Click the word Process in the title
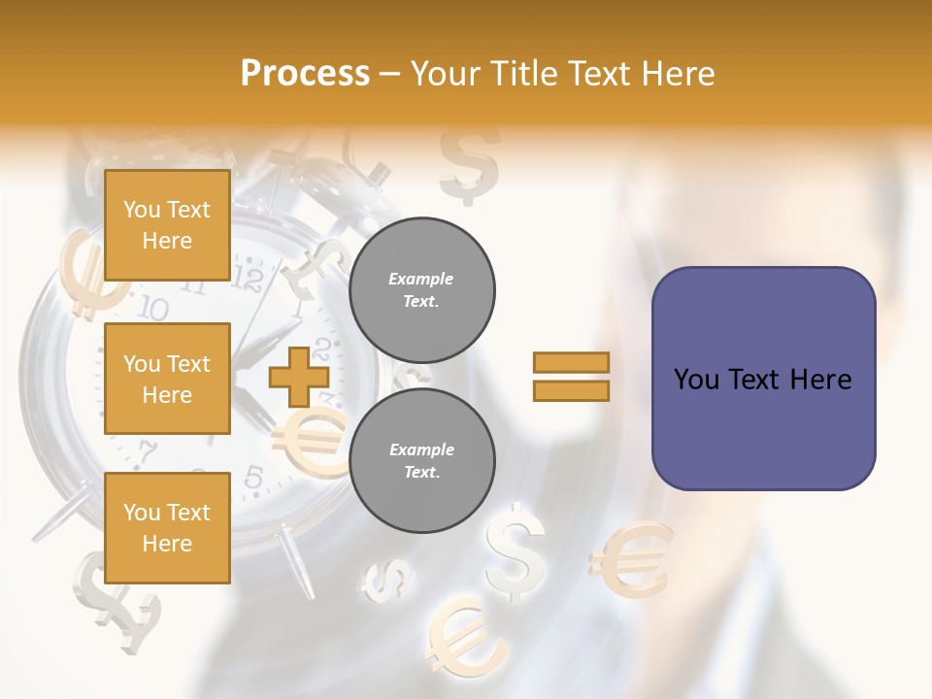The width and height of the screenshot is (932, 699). tap(305, 73)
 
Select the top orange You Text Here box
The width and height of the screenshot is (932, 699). tap(167, 225)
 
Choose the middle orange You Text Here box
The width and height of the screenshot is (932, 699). tap(167, 379)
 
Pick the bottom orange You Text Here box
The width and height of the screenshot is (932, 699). tap(167, 527)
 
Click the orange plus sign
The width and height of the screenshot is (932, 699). tap(298, 376)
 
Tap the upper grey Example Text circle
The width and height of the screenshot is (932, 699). tap(421, 290)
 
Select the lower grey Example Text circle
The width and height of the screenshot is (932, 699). tap(421, 461)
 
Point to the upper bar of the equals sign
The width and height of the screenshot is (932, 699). tap(571, 362)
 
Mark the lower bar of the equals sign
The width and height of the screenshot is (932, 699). tap(571, 390)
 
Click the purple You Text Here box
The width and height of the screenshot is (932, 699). tap(763, 379)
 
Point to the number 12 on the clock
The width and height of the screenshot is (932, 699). tap(250, 281)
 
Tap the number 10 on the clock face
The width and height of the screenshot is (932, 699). tap(152, 309)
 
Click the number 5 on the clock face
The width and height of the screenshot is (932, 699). tap(253, 477)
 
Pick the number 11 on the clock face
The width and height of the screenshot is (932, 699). tap(193, 285)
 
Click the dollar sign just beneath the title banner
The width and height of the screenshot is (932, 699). tap(469, 162)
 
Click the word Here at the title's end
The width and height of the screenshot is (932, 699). tap(677, 74)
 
